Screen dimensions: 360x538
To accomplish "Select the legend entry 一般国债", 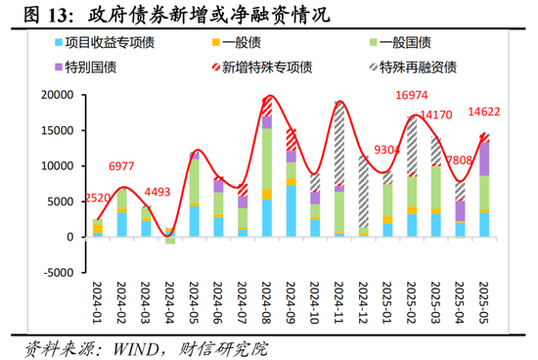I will point(398,44).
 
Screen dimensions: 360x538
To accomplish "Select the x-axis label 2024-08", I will point(267,306).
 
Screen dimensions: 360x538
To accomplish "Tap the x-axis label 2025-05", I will point(484,306).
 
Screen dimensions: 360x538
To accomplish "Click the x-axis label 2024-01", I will point(98,306).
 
